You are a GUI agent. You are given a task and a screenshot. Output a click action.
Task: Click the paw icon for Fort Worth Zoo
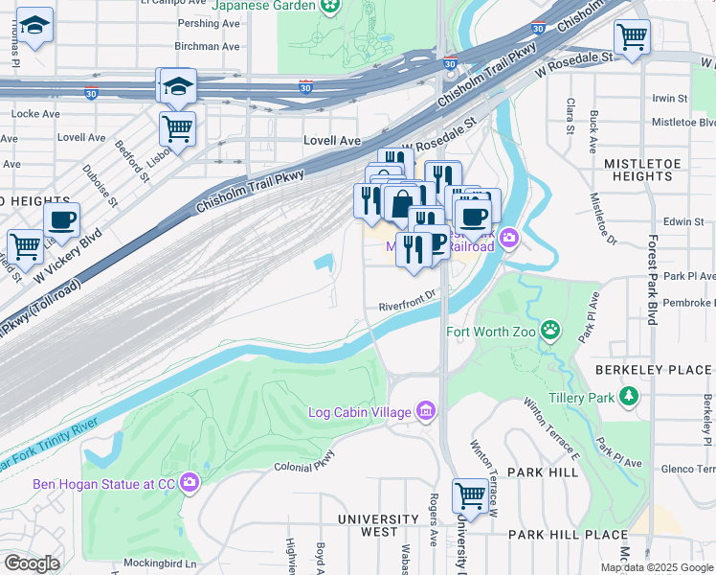pos(550,332)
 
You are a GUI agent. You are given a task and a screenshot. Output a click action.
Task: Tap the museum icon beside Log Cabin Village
pos(427,413)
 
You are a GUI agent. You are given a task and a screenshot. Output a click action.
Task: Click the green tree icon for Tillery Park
pos(629,396)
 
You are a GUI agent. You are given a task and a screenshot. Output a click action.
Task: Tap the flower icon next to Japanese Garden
pos(330,6)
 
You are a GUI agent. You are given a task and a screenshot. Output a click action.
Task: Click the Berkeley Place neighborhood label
pos(653,370)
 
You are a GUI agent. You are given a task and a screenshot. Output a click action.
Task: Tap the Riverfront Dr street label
pos(407,306)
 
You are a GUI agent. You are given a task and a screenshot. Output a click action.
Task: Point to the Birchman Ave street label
pos(207,46)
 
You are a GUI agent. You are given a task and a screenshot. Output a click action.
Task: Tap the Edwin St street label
pos(683,221)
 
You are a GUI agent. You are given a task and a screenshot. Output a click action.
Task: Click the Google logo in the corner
pos(32,563)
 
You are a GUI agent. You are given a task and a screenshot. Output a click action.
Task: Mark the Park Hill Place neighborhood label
pos(568,535)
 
